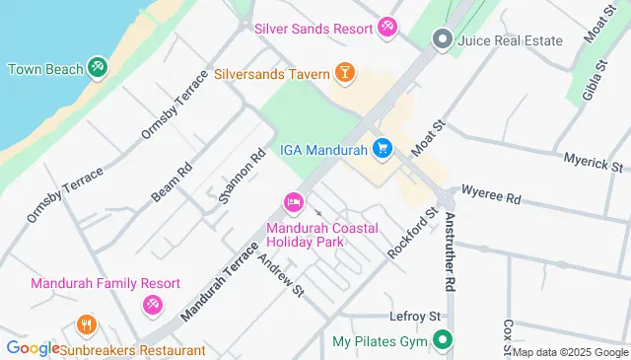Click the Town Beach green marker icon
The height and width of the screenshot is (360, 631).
tap(98, 68)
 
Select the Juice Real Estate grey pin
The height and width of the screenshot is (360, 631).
tap(443, 39)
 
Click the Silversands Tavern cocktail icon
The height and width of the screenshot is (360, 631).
tap(346, 73)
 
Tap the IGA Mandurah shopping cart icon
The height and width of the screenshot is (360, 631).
tap(383, 149)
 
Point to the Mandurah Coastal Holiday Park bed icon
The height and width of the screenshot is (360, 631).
tap(293, 203)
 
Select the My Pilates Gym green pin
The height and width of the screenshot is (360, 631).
tap(443, 341)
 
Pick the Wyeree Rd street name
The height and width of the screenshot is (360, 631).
tap(490, 197)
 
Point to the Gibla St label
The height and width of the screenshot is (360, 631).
tap(592, 79)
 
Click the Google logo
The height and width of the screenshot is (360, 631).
tap(32, 348)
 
